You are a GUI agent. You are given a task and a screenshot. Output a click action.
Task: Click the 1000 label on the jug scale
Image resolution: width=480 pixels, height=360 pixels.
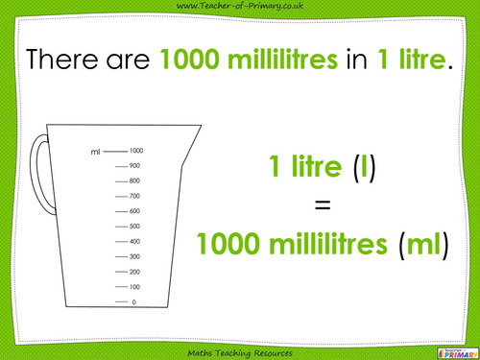click(x=136, y=151)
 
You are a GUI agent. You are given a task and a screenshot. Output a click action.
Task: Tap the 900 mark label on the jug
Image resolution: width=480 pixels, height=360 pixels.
click(x=135, y=166)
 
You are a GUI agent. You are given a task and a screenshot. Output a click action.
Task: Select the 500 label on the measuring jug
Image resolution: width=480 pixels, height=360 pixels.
click(x=135, y=227)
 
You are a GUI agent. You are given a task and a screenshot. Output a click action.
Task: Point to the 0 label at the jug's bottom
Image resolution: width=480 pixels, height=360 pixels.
click(x=133, y=302)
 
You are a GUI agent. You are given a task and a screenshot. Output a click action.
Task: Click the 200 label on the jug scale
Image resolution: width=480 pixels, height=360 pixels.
click(x=135, y=272)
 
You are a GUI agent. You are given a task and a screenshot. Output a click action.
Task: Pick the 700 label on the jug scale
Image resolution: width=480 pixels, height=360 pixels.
click(x=135, y=196)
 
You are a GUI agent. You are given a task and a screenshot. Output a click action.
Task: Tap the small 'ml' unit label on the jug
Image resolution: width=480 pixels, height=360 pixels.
click(x=94, y=152)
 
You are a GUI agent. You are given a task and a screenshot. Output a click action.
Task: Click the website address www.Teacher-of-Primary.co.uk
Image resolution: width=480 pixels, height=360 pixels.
click(x=239, y=8)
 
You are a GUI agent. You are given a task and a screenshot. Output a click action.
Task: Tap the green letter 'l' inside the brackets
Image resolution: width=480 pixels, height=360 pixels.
click(x=360, y=169)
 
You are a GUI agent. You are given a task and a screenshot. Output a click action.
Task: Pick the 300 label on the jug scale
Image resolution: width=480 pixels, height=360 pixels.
click(x=135, y=256)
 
